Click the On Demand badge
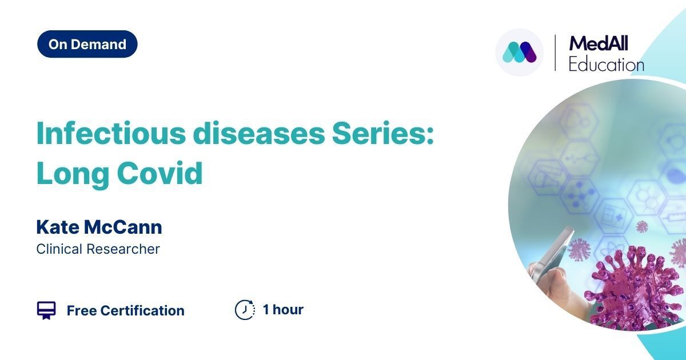pyautogui.click(x=87, y=44)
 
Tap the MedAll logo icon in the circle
pyautogui.click(x=520, y=52)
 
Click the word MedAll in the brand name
pyautogui.click(x=599, y=43)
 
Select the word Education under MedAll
pyautogui.click(x=607, y=64)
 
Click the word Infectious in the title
pyautogui.click(x=111, y=133)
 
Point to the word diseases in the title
pyautogui.click(x=259, y=133)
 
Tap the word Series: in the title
pyautogui.click(x=383, y=133)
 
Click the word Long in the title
pyautogui.click(x=73, y=174)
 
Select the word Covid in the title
pyautogui.click(x=159, y=173)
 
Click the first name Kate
pyautogui.click(x=58, y=227)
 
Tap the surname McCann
pyautogui.click(x=123, y=227)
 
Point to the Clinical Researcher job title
pyautogui.click(x=98, y=249)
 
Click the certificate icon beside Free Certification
pyautogui.click(x=46, y=310)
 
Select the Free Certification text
pyautogui.click(x=126, y=310)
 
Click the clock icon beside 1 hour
pyautogui.click(x=245, y=310)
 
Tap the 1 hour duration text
pyautogui.click(x=284, y=310)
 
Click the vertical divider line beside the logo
pyautogui.click(x=555, y=53)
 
